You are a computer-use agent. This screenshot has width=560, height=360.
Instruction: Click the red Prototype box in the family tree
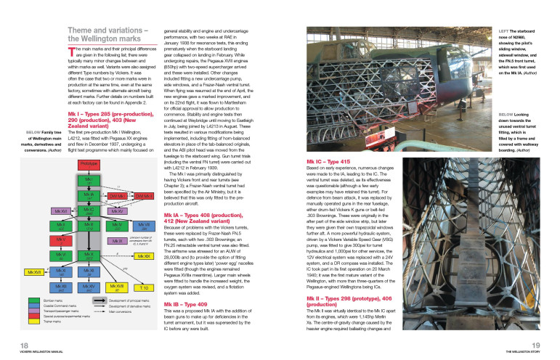[x=88, y=165]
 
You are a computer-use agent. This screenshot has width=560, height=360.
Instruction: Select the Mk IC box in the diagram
[x=88, y=210]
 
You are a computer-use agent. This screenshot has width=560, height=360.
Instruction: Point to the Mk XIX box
[x=143, y=257]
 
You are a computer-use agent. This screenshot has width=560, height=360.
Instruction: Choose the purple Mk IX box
[x=116, y=240]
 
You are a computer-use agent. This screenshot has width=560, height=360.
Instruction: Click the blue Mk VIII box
[x=143, y=226]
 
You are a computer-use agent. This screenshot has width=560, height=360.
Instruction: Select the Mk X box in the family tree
[x=88, y=255]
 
